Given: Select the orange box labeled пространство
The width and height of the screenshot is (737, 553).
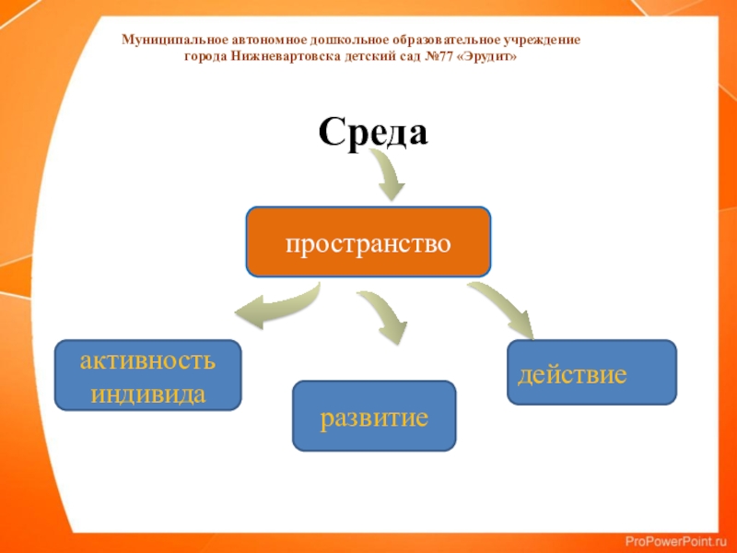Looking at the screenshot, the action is coord(368,242).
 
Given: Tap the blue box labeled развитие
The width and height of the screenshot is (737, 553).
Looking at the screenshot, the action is coord(374,417).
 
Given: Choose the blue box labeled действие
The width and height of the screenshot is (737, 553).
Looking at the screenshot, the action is coord(591,372).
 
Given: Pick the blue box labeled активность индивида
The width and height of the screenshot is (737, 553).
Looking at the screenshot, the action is coord(147,375).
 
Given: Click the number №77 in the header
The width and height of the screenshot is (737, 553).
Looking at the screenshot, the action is coord(437,56).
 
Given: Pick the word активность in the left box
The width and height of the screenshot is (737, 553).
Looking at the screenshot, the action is coord(147,359).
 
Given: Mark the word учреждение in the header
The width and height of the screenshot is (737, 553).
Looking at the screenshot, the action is coord(543,41).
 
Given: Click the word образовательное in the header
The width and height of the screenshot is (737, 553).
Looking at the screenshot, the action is coord(448,41).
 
